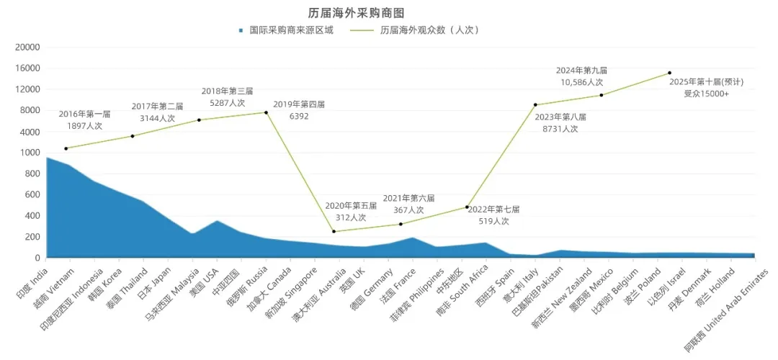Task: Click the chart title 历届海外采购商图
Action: pos(356,13)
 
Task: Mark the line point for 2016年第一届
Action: pos(66,148)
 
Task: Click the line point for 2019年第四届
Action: pos(266,112)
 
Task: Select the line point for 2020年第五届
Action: pos(334,231)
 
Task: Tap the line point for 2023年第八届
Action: pos(535,105)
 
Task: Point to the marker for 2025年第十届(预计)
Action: pos(669,73)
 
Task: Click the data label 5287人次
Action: pos(227,103)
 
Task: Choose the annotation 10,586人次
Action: pos(581,82)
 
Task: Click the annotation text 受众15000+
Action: pos(706,94)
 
